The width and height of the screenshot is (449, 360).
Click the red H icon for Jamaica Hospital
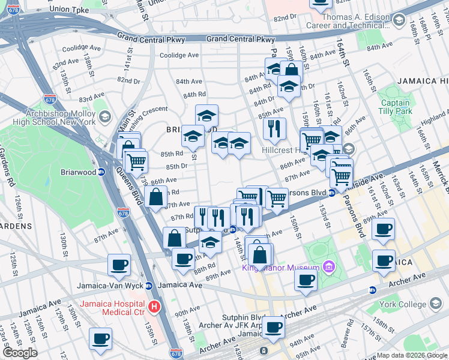point(154,307)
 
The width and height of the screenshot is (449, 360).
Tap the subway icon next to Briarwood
point(101,172)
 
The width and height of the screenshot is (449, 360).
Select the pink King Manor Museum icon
point(328,266)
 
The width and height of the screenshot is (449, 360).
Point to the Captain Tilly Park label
point(395,107)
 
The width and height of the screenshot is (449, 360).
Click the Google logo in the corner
point(20,353)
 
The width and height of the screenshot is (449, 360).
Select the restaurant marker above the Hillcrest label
point(274,128)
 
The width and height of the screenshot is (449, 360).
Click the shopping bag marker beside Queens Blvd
point(155,196)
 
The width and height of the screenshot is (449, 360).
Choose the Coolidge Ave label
point(179,55)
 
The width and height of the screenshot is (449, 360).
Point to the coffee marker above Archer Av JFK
point(274,327)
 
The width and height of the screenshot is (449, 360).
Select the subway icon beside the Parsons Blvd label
point(331,193)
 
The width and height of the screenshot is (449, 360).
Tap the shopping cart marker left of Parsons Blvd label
point(276,198)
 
